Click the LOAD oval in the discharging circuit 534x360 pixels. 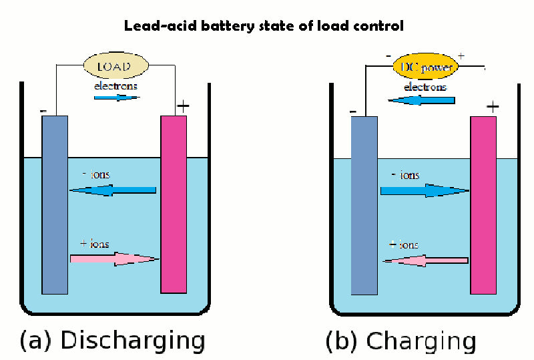pos(116,67)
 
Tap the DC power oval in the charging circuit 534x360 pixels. pos(426,67)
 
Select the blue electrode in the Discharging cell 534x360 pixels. pos(55,204)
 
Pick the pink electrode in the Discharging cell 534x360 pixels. pos(174,204)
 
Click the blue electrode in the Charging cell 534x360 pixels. pos(364,204)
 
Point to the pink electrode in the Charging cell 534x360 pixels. pos(483,204)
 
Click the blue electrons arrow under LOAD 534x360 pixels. pos(117,97)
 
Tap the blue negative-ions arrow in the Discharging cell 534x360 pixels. pos(113,190)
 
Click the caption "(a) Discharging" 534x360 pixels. pos(112,340)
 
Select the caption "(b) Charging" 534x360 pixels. pos(400,341)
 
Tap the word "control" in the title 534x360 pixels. pos(381,27)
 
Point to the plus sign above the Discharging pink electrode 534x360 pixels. pos(182,106)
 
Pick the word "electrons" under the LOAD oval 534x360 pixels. pos(117,86)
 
